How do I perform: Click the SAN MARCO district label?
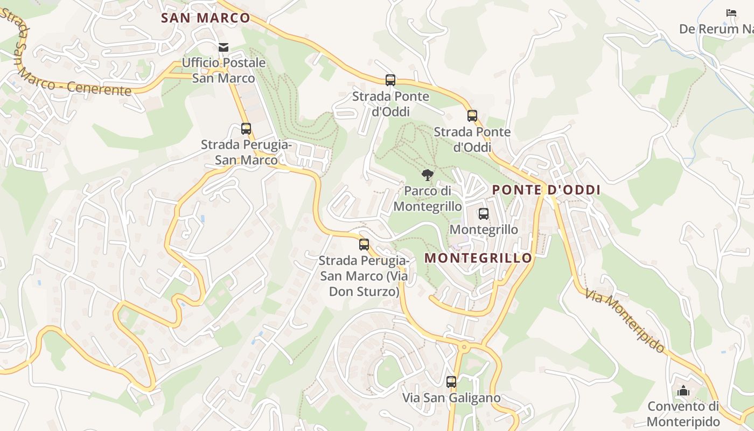(x=206, y=18)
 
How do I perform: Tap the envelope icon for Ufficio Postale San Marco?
(x=224, y=47)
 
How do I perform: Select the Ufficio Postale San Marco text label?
(x=224, y=71)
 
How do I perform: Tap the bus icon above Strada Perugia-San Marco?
(x=246, y=129)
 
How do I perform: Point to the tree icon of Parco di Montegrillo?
(x=427, y=175)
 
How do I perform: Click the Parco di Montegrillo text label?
(x=428, y=199)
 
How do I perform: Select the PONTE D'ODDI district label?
(x=546, y=190)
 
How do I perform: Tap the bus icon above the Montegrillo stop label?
(x=484, y=214)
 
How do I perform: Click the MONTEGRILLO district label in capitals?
(x=478, y=258)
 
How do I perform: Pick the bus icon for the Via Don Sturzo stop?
(x=364, y=245)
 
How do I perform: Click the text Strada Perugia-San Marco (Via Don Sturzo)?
(x=364, y=276)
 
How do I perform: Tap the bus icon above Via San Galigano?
(x=451, y=382)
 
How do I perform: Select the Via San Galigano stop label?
(x=451, y=398)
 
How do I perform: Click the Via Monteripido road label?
(x=625, y=321)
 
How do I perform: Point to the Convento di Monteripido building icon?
(x=683, y=391)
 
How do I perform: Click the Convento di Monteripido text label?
(x=683, y=414)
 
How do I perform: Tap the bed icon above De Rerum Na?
(x=731, y=13)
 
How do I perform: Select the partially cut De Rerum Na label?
(x=716, y=29)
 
